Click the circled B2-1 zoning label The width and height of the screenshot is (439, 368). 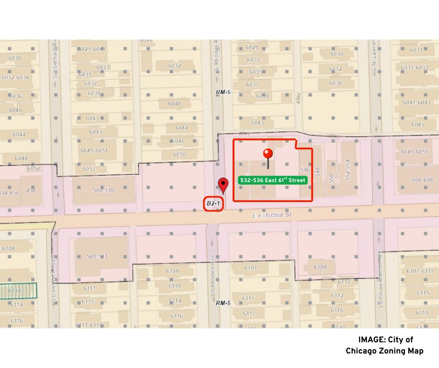coord(213,204)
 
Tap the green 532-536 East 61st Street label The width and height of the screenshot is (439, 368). coord(273,180)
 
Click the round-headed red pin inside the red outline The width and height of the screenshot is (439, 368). coord(268,154)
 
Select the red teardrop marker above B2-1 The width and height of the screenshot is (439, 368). coord(223,184)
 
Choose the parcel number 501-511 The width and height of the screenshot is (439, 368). coord(97,256)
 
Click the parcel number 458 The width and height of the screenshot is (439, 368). coord(31,190)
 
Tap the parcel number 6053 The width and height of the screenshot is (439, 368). coord(89,169)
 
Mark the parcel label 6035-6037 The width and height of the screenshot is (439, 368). coord(414,68)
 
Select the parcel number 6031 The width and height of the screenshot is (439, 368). coord(416,50)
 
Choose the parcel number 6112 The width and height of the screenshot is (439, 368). coord(337,296)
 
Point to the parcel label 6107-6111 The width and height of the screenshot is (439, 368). coord(419,271)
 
